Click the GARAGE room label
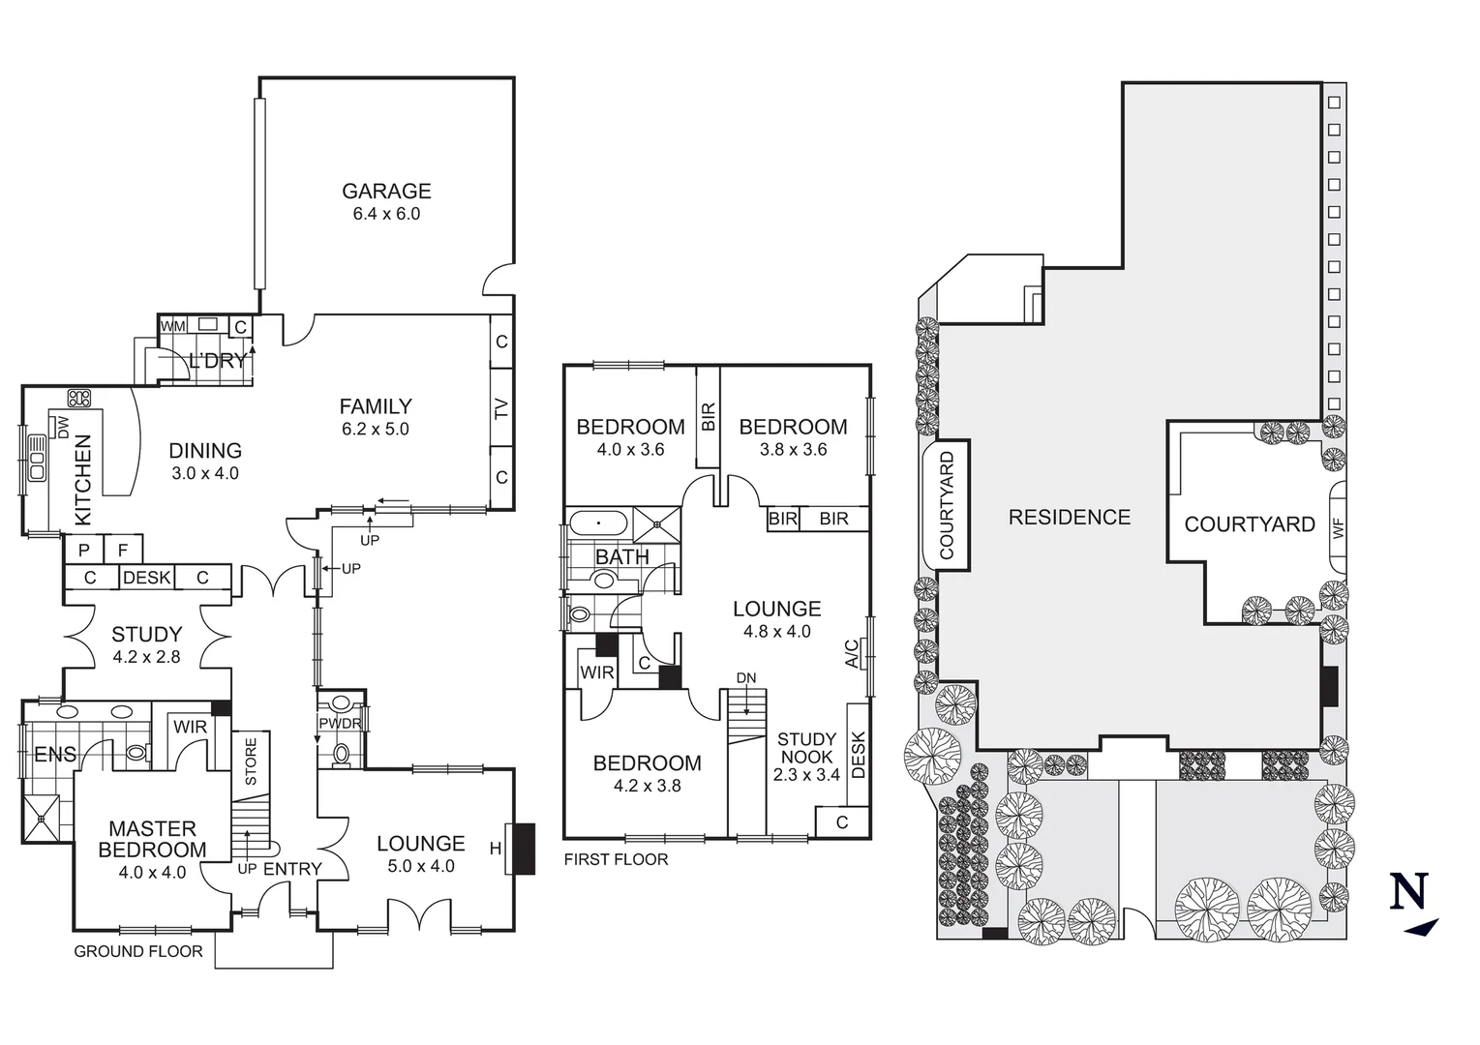(x=386, y=192)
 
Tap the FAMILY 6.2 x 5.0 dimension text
(x=376, y=430)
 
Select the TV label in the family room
(x=501, y=409)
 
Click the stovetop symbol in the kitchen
(x=78, y=399)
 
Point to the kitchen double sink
(x=37, y=458)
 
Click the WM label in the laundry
(x=172, y=327)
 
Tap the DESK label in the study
(x=147, y=579)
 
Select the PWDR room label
(x=340, y=724)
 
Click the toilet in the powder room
(x=341, y=751)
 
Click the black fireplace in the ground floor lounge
(x=523, y=849)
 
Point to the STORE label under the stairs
(x=251, y=761)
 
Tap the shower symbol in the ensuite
(x=42, y=820)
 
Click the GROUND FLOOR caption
(x=138, y=952)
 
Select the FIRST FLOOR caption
(x=616, y=859)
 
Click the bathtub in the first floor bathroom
(x=598, y=524)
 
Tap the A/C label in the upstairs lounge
(x=852, y=654)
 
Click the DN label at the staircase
(x=745, y=678)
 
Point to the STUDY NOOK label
(x=806, y=749)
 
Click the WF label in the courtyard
(x=1339, y=529)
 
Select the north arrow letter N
(x=1409, y=891)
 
